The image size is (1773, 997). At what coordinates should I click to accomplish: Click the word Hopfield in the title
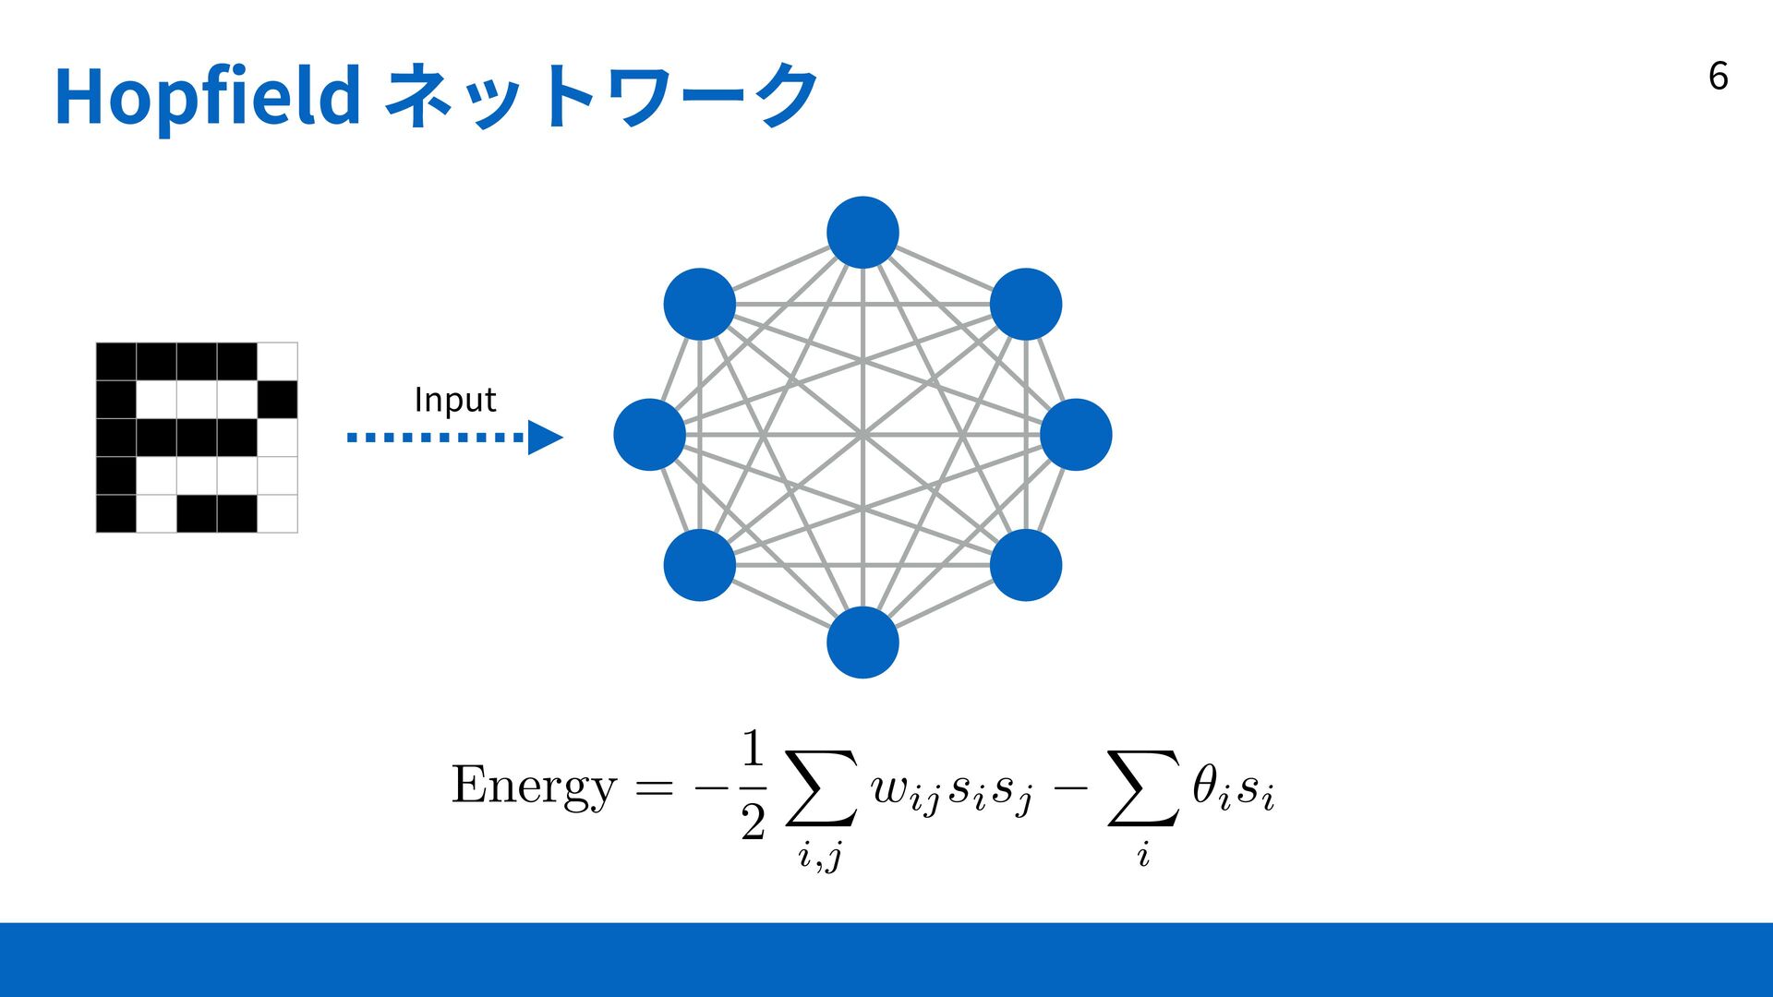[x=207, y=96]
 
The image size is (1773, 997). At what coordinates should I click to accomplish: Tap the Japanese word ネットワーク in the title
[x=600, y=96]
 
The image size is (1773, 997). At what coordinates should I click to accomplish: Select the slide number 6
[x=1718, y=76]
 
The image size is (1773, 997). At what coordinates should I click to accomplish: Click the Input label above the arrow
[x=454, y=400]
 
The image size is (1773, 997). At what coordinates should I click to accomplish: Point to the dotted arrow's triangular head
[x=544, y=438]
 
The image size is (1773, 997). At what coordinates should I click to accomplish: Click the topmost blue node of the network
[x=862, y=233]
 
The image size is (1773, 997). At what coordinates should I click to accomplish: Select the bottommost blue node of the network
[x=862, y=643]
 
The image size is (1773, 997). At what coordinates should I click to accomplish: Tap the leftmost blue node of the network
[x=649, y=435]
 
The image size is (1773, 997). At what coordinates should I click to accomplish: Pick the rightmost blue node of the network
[x=1076, y=435]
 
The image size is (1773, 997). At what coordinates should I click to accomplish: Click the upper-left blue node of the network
[x=699, y=305]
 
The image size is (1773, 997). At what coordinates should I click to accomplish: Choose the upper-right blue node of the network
[x=1026, y=305]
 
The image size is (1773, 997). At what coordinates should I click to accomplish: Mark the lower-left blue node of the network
[x=699, y=565]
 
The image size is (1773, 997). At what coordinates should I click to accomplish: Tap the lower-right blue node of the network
[x=1026, y=565]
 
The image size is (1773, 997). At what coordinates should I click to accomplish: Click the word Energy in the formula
[x=533, y=787]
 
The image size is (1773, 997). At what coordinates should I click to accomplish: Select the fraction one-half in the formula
[x=753, y=785]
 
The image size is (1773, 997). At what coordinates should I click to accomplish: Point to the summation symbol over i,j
[x=821, y=787]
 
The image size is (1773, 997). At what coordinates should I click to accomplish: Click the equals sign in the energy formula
[x=654, y=787]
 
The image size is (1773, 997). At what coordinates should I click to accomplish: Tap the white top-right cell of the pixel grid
[x=277, y=361]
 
